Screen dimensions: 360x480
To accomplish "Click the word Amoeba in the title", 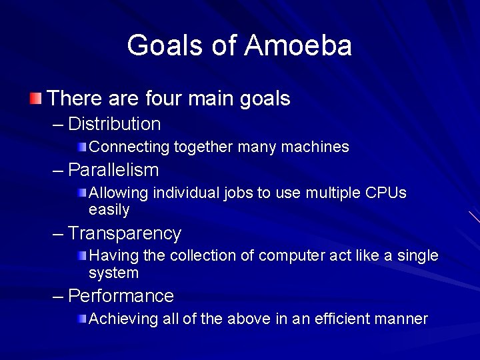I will click(x=298, y=45).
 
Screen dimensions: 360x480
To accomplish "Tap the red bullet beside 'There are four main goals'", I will click(x=35, y=100).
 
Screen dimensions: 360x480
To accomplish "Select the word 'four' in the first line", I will click(x=163, y=99).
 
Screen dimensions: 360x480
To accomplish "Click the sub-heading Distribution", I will click(x=114, y=124).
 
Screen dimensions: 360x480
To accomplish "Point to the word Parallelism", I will click(x=113, y=170).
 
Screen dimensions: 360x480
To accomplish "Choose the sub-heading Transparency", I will click(x=125, y=233).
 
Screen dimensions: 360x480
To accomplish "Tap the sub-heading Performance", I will click(x=121, y=295).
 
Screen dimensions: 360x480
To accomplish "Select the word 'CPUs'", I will click(x=386, y=193).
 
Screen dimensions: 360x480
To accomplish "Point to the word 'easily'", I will click(x=109, y=210).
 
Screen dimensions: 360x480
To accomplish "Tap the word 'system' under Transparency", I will click(x=113, y=273).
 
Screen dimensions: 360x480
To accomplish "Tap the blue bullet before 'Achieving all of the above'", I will click(x=81, y=319).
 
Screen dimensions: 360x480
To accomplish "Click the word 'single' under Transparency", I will click(x=417, y=256).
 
